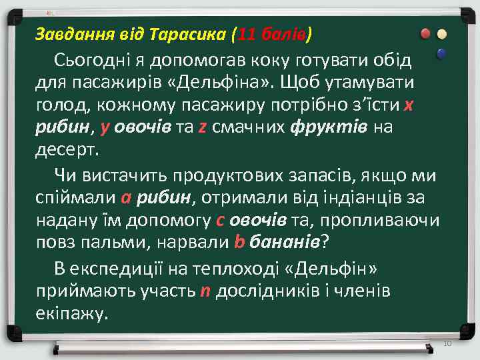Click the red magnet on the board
[x=425, y=34]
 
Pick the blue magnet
[x=440, y=53]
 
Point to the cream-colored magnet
[x=441, y=34]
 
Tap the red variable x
[x=408, y=105]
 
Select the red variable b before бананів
[x=240, y=243]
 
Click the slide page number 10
[x=447, y=343]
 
